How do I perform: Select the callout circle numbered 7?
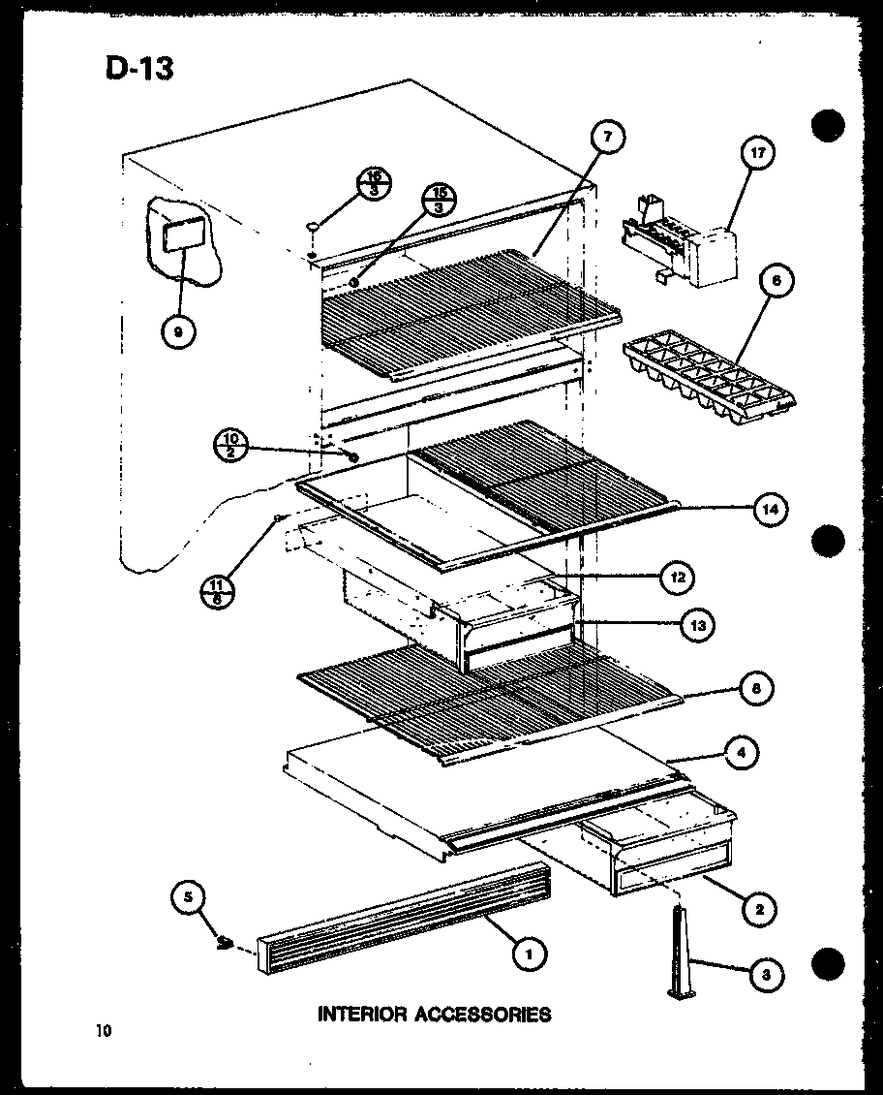click(607, 139)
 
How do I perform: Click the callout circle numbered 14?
click(770, 508)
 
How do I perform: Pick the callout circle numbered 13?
click(696, 625)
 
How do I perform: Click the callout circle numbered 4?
click(742, 752)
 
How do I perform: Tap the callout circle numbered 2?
click(759, 908)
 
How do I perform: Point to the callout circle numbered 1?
click(529, 954)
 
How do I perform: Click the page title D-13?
click(137, 69)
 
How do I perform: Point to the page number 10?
click(104, 1031)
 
